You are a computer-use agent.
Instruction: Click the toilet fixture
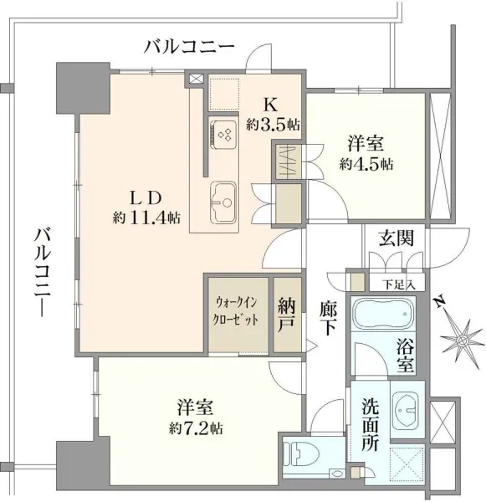tap(300, 455)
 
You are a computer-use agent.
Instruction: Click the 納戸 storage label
tap(288, 312)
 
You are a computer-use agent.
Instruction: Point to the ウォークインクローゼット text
tap(238, 311)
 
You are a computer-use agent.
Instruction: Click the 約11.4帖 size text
tap(146, 218)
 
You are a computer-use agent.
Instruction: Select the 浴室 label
tap(406, 354)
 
